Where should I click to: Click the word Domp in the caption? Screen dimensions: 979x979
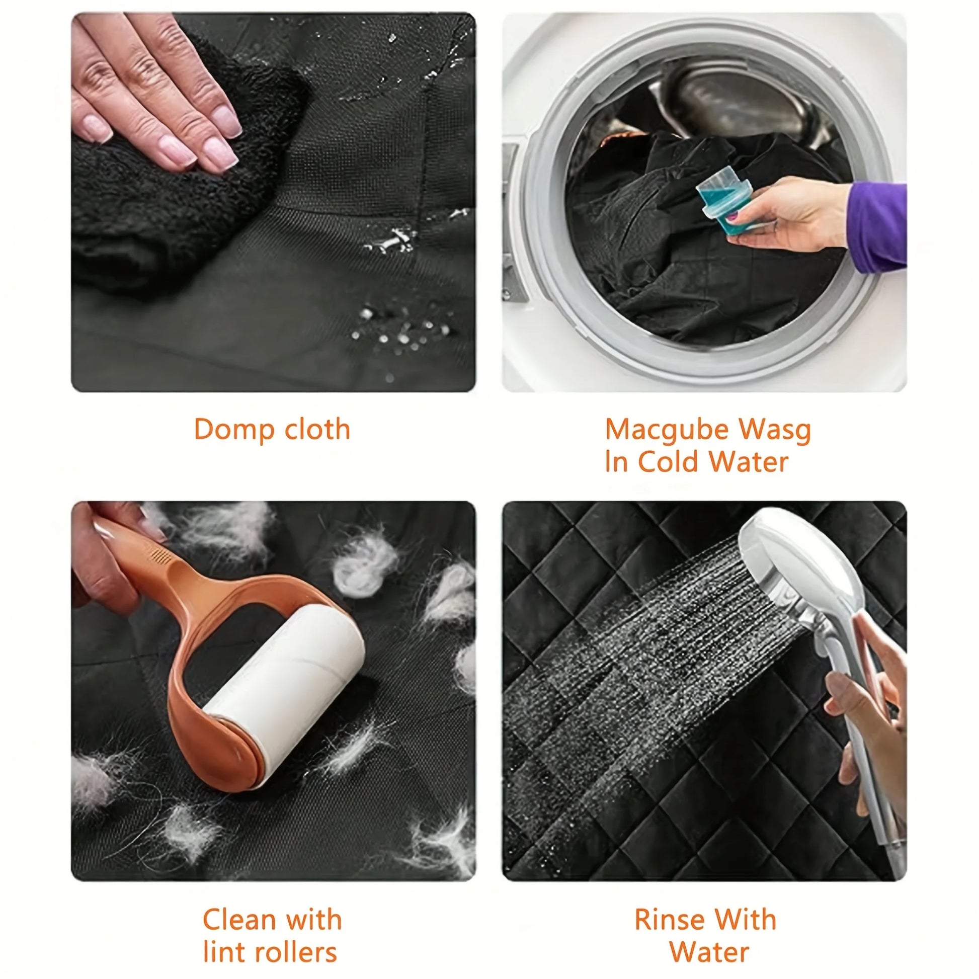[x=232, y=430]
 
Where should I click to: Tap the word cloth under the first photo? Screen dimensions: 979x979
[x=317, y=430]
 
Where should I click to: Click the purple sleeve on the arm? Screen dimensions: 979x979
[x=877, y=223]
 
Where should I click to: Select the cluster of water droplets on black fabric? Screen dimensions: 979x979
[x=400, y=330]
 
